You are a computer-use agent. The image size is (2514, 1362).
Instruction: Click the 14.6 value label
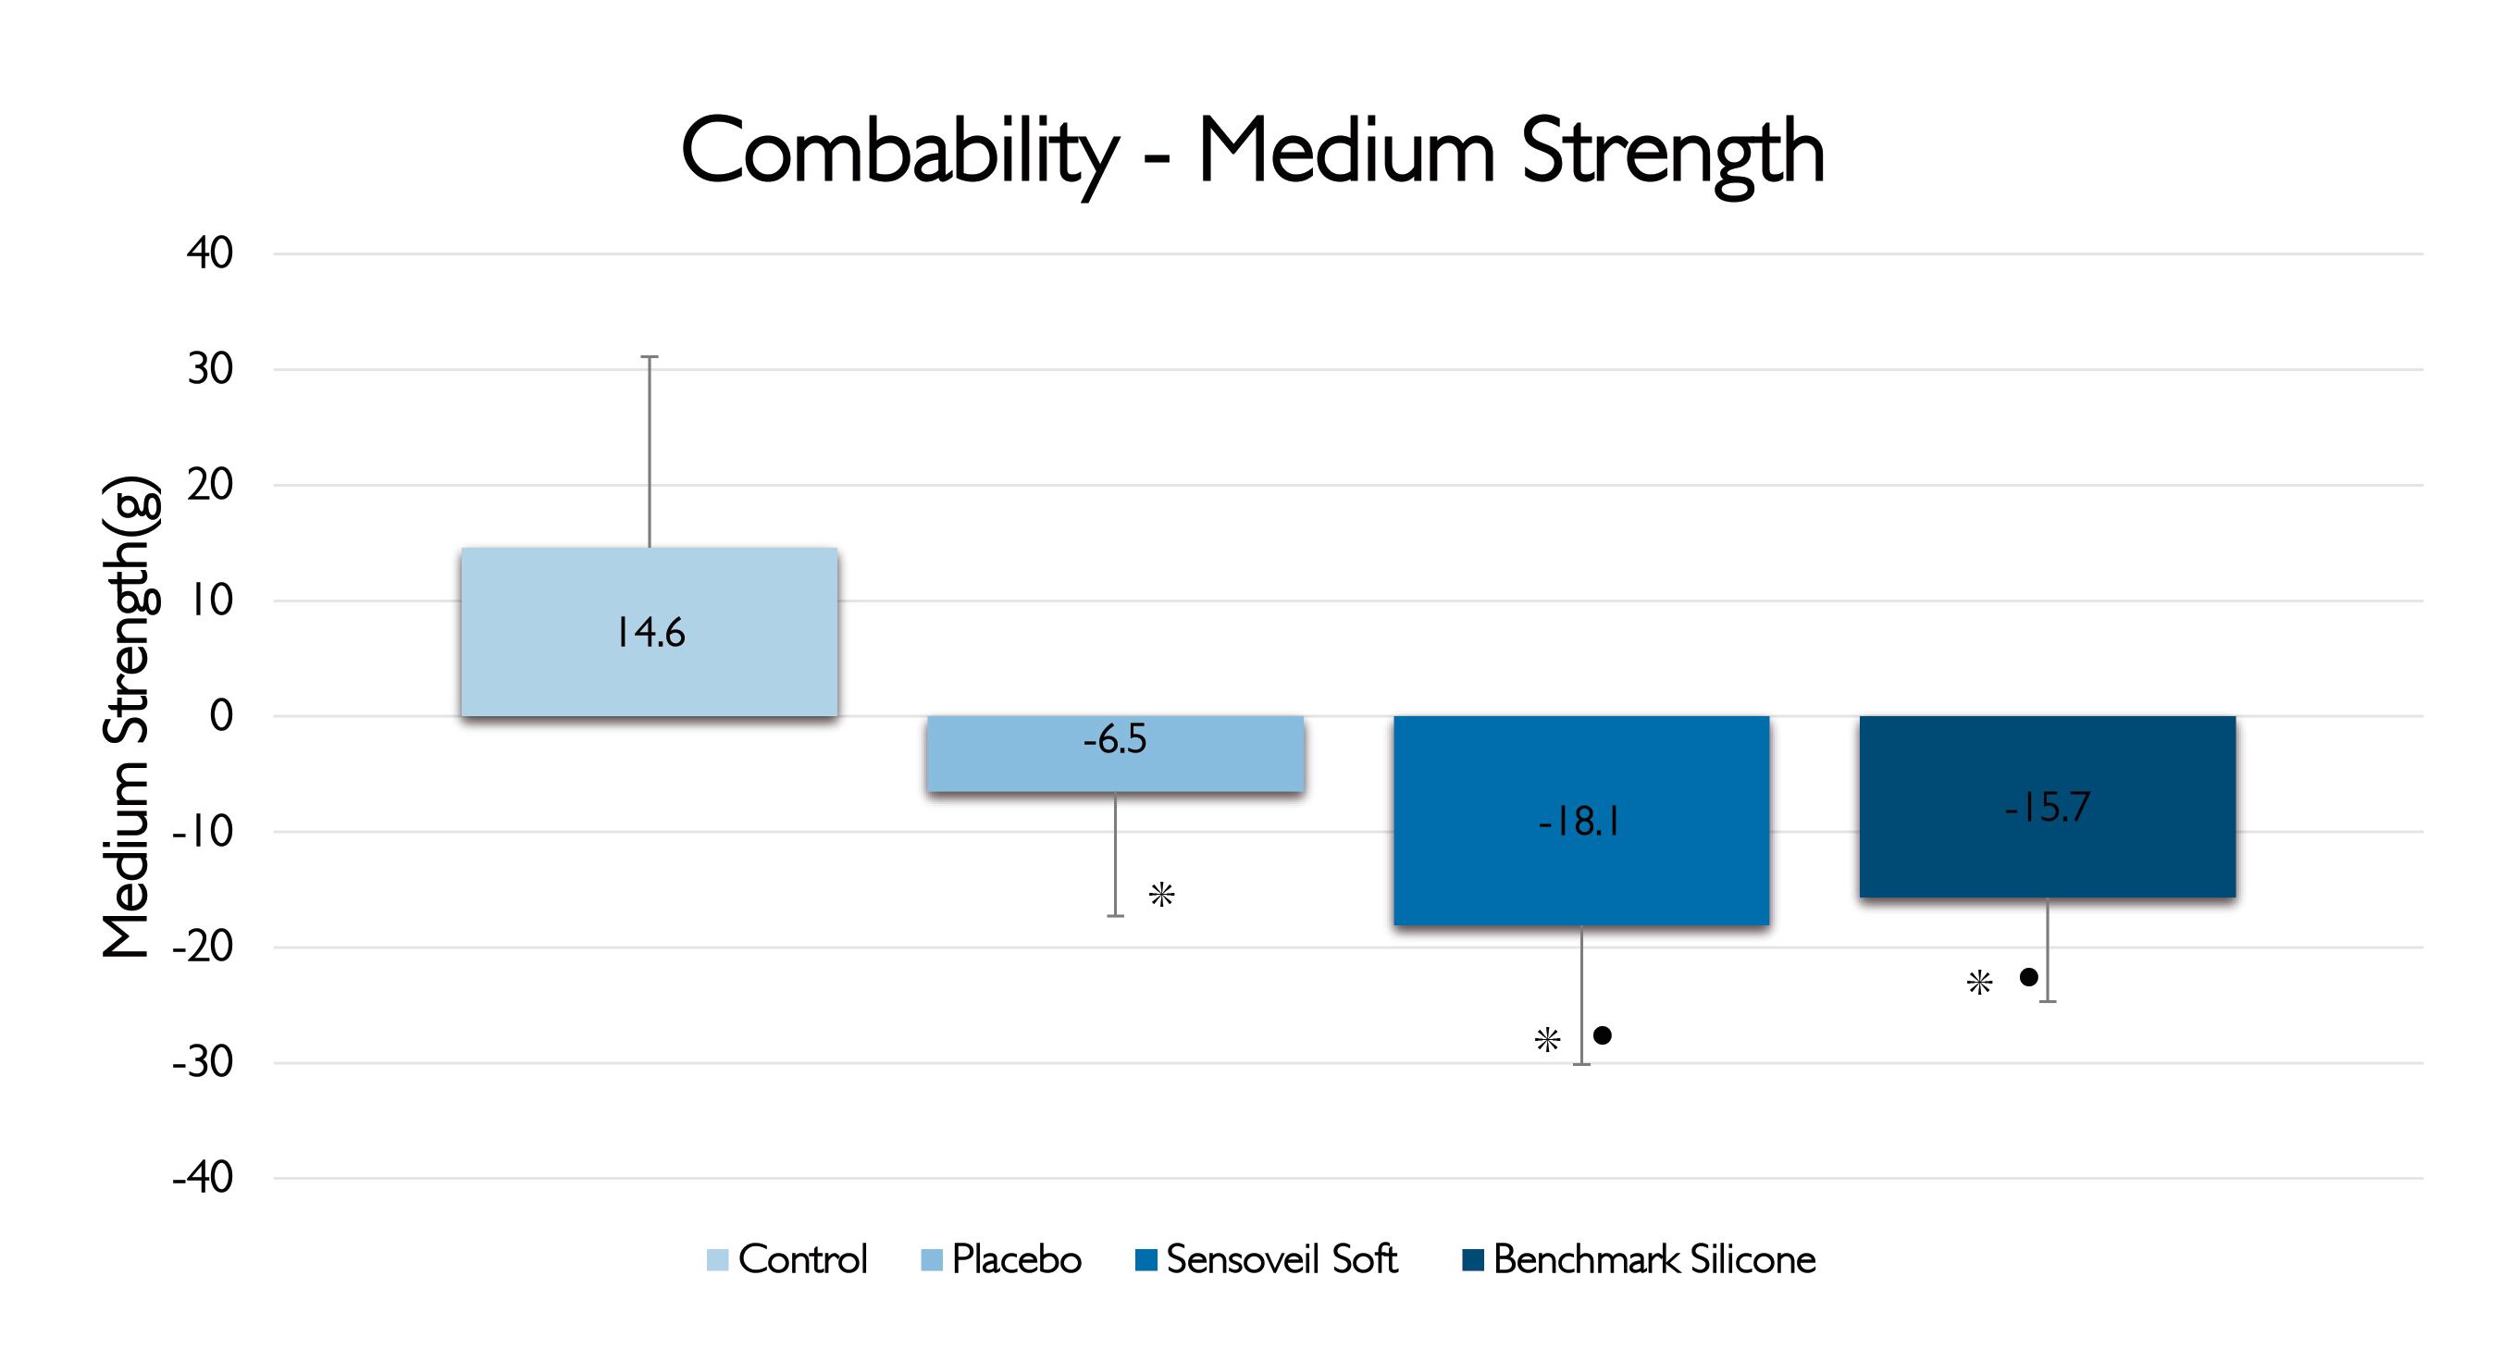click(x=650, y=633)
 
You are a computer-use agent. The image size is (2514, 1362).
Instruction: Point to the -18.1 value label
click(x=1580, y=823)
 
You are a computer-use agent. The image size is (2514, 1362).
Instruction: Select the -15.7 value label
click(x=2047, y=807)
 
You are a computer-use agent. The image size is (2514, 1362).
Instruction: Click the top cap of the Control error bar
click(x=649, y=357)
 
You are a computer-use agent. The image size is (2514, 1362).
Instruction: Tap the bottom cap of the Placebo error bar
click(x=1116, y=915)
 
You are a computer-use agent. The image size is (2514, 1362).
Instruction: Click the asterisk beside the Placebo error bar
click(x=1161, y=894)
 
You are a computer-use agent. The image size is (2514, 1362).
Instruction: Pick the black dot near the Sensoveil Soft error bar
click(x=1603, y=1035)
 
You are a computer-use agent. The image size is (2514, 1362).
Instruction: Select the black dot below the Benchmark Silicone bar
click(x=2028, y=976)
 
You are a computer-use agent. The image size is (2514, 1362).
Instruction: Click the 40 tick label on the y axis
click(x=210, y=254)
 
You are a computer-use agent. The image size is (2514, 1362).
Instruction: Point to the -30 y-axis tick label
click(x=203, y=1062)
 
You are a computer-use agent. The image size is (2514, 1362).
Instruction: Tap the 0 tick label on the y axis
click(x=221, y=716)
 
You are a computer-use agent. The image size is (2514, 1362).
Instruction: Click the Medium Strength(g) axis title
click(x=127, y=717)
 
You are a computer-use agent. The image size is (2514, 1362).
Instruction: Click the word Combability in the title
click(x=898, y=152)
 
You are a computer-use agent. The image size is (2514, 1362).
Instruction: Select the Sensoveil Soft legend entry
click(x=1267, y=1259)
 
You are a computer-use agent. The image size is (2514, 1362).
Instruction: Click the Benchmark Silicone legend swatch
click(x=1473, y=1259)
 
